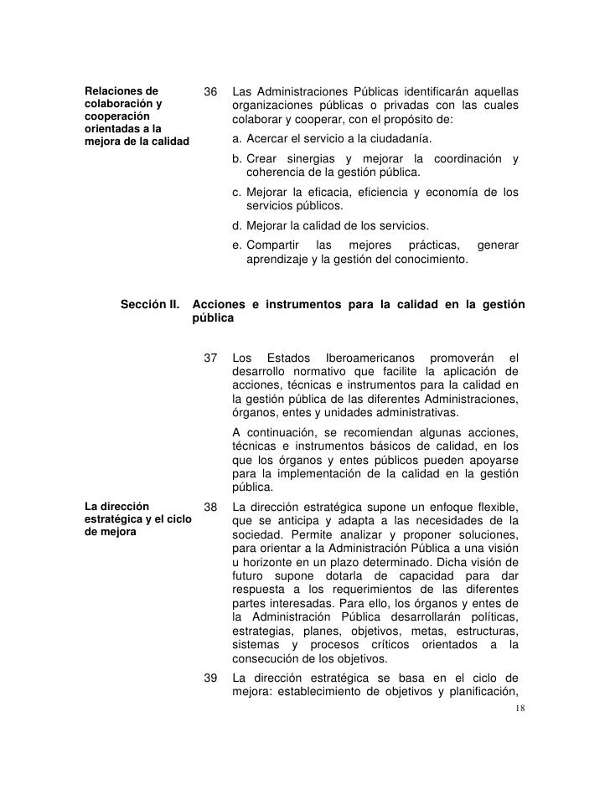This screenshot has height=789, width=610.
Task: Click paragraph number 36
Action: coord(211,90)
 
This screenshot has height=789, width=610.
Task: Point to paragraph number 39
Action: coord(211,677)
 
